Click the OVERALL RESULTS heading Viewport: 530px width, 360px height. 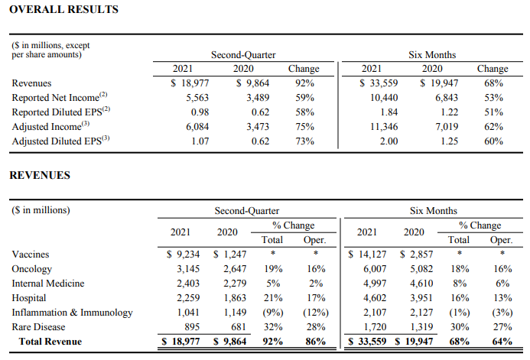coord(64,9)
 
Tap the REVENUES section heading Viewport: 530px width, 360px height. coord(40,175)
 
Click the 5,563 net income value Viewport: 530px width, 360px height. coord(197,98)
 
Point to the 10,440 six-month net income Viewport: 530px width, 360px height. coord(384,98)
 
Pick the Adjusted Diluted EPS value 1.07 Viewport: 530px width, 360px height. coord(200,141)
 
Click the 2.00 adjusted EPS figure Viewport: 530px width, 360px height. coord(389,141)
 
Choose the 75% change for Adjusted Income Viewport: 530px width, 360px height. coord(305,127)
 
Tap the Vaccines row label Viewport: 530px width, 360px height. coord(31,255)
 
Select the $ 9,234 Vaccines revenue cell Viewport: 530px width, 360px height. coord(183,255)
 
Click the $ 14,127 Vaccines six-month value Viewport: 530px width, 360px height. coord(367,255)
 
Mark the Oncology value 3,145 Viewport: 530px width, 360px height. coord(188,269)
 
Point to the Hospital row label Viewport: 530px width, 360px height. coord(29,298)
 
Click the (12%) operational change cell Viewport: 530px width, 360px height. coord(316,313)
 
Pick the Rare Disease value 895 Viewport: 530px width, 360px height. coord(192,327)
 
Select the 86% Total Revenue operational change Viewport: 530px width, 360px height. coord(316,342)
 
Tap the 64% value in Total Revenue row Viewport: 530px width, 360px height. coord(502,342)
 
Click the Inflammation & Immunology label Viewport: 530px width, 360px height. coord(73,313)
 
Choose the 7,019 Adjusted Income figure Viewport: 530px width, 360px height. coord(447,127)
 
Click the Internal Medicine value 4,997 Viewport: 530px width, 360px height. coord(375,284)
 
